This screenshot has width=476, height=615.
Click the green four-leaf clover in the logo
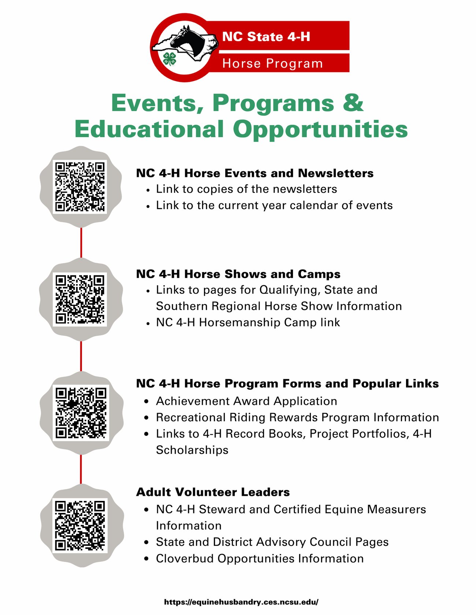tap(170, 58)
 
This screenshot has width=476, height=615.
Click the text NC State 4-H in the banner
tap(266, 37)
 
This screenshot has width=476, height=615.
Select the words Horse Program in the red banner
tap(272, 63)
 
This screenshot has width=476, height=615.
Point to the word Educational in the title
tap(149, 129)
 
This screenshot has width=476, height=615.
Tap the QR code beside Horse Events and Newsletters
tap(80, 186)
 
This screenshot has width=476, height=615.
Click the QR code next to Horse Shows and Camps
tap(80, 299)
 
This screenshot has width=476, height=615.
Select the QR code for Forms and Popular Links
tap(81, 412)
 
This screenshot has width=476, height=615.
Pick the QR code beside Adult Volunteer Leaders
tap(80, 526)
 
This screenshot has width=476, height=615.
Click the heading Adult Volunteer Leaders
tap(213, 492)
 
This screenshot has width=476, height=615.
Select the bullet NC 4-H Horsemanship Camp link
tap(248, 322)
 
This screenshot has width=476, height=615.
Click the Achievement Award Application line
tap(246, 401)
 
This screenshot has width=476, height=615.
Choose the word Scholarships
tap(192, 450)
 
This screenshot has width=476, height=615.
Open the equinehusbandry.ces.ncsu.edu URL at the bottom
tap(241, 602)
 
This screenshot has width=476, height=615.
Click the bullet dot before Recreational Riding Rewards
tap(146, 418)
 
